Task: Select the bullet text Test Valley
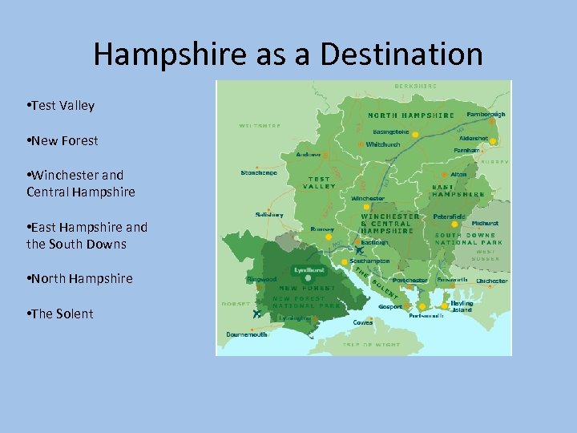[x=63, y=106]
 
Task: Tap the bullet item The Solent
[x=62, y=314]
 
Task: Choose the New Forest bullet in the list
[x=64, y=140]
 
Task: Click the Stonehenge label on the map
[x=259, y=172]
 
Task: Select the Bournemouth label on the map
[x=247, y=334]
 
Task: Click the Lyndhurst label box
[x=308, y=270]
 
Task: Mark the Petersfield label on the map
[x=449, y=216]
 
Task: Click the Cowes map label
[x=363, y=322]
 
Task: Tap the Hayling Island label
[x=462, y=306]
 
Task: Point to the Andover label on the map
[x=309, y=155]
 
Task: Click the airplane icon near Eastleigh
[x=358, y=251]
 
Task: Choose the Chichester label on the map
[x=491, y=281]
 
